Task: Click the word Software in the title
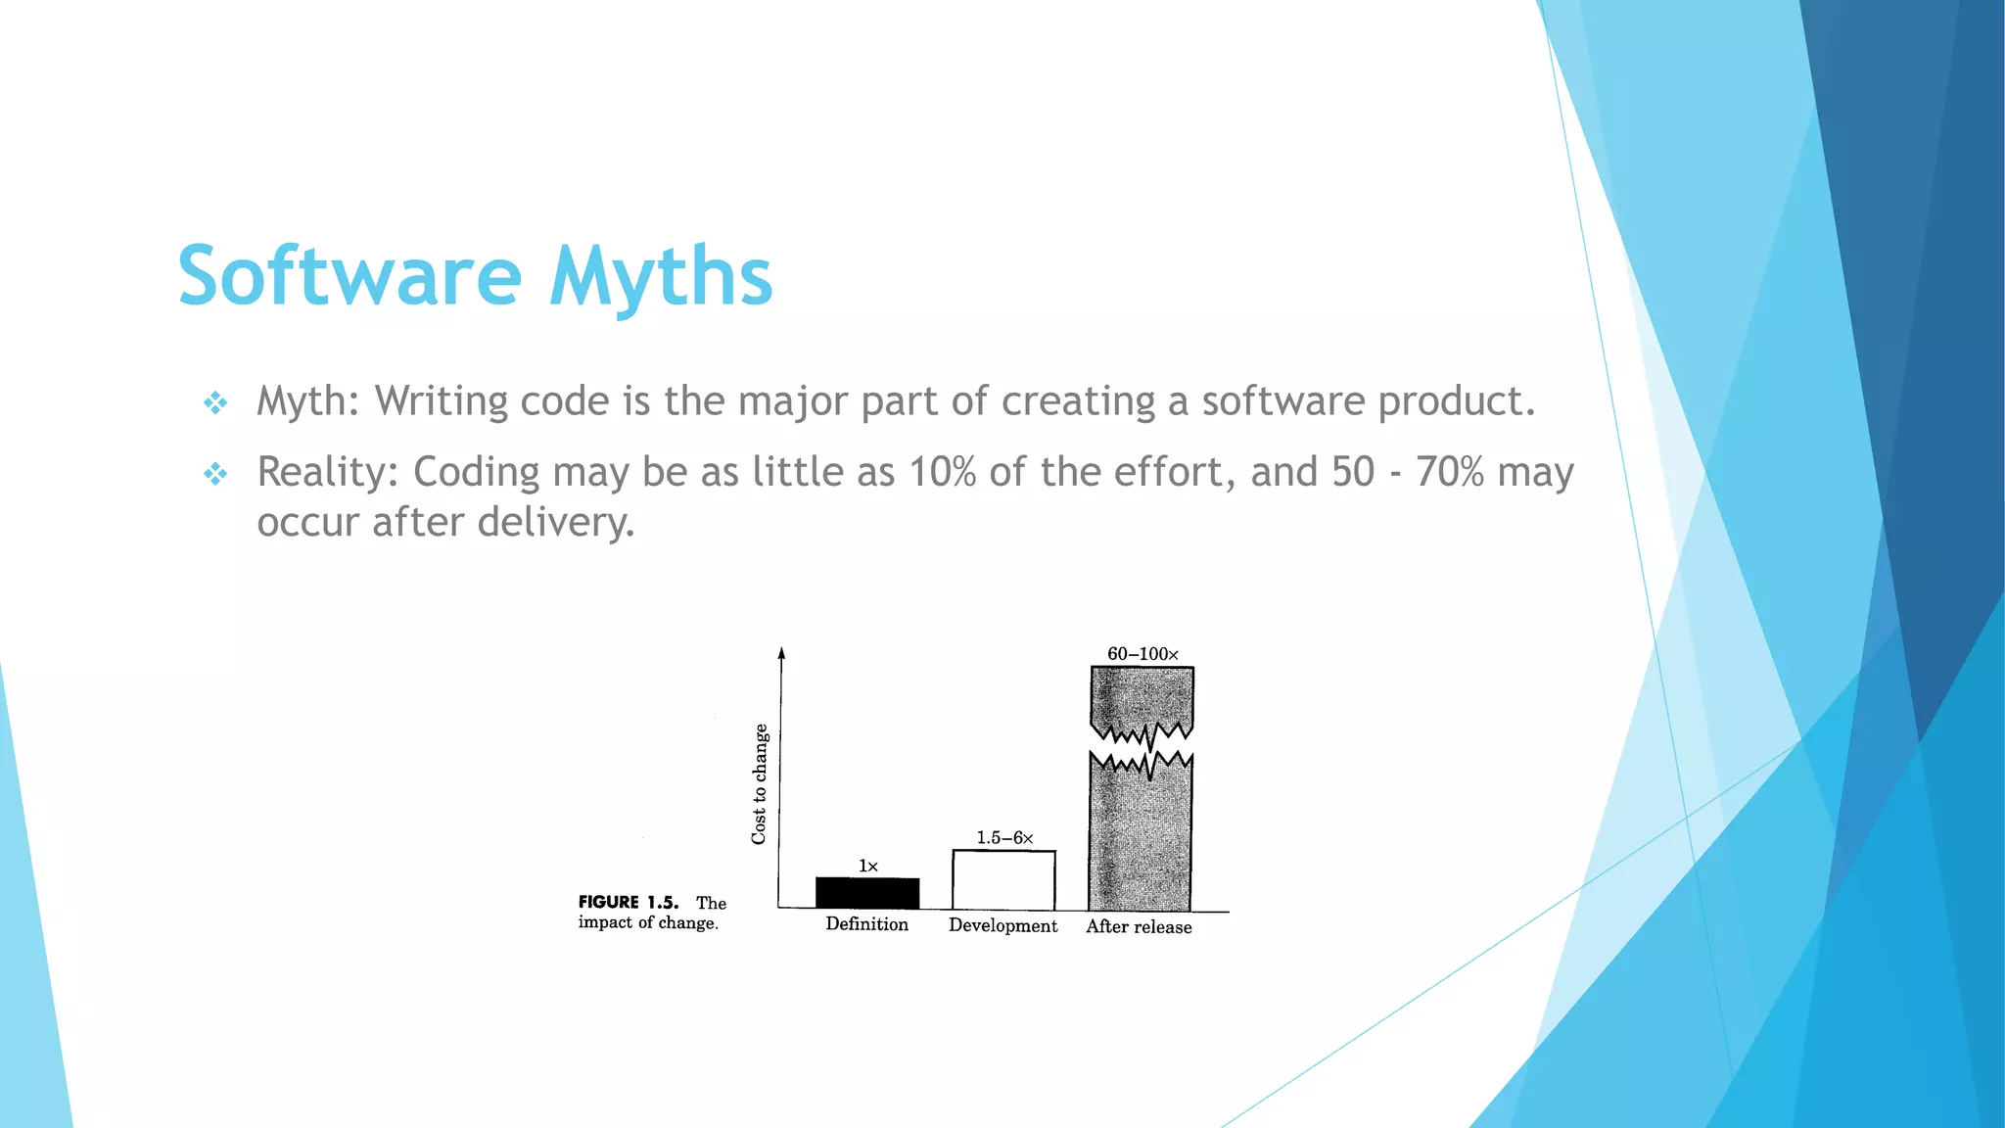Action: (350, 276)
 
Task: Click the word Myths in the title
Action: (661, 276)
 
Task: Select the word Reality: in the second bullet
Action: (327, 472)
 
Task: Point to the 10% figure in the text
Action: (943, 472)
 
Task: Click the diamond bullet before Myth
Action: (215, 402)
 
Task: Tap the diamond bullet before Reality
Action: (215, 474)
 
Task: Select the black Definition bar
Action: (867, 893)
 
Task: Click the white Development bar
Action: (1003, 880)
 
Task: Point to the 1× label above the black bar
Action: (868, 867)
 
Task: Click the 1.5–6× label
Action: (1004, 838)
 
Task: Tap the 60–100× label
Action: (1142, 654)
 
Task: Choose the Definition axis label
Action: (866, 924)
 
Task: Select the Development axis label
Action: (1002, 926)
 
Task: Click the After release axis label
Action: (1139, 927)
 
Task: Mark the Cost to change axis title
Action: (760, 783)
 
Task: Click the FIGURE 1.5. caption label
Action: (628, 903)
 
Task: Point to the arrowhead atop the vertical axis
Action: (781, 653)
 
